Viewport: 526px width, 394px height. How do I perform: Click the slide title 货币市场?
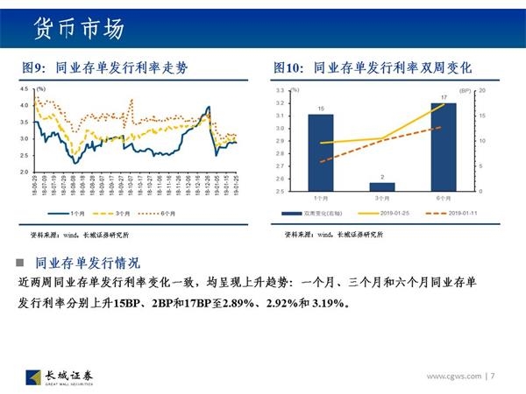(x=78, y=26)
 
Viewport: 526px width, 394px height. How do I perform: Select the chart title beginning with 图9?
(x=104, y=67)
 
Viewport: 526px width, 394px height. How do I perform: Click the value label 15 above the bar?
(x=321, y=109)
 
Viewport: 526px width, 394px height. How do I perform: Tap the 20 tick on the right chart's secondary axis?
(x=482, y=91)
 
